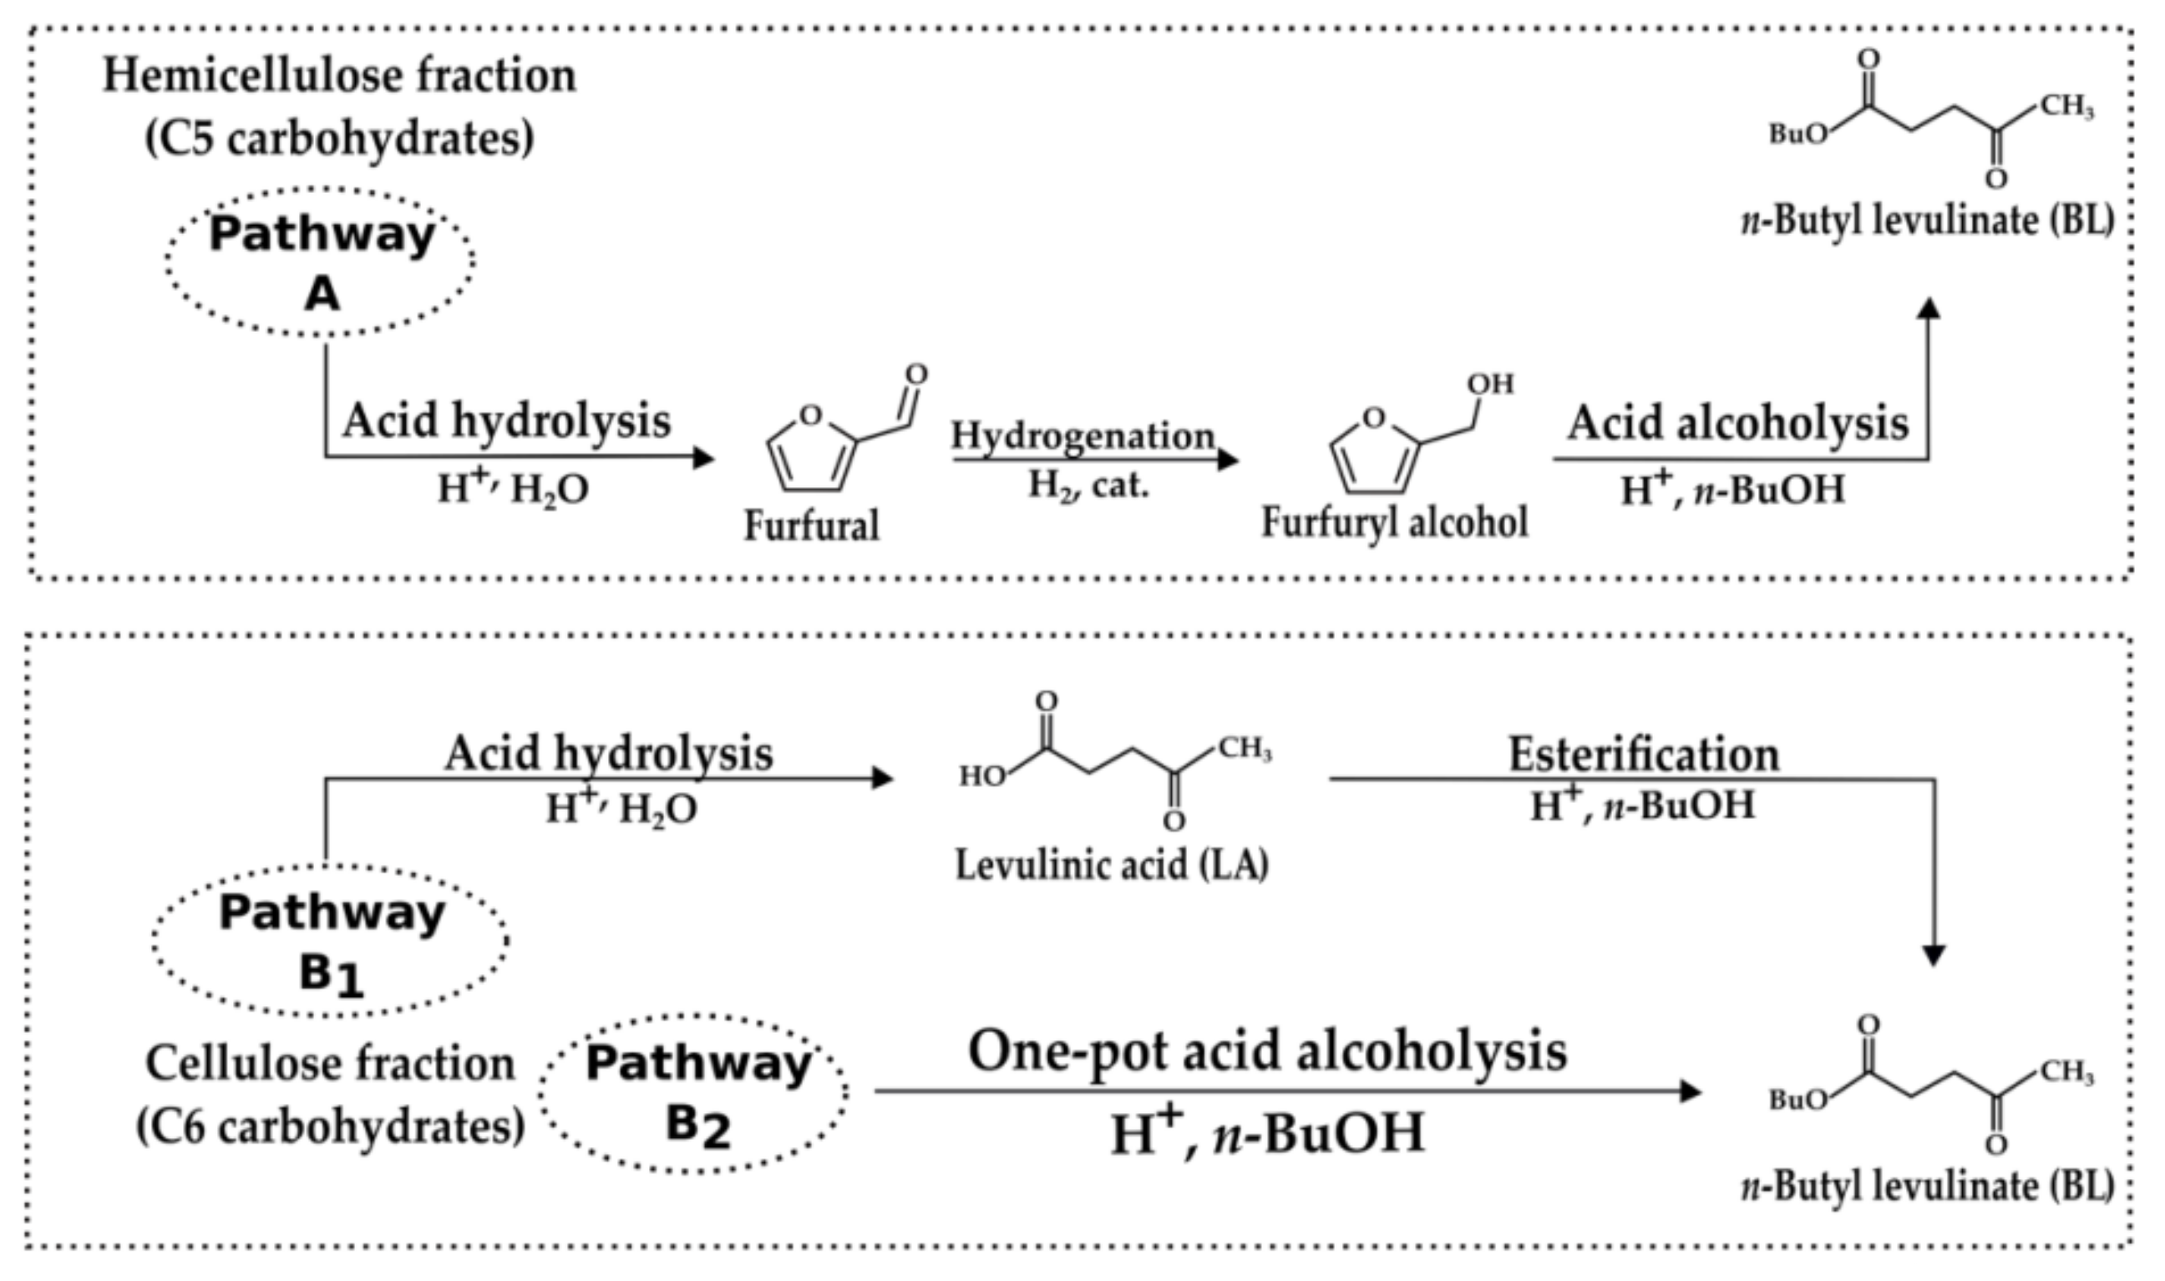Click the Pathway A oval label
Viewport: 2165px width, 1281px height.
click(320, 262)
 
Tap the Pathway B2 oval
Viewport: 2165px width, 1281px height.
click(696, 1093)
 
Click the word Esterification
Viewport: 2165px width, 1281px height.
click(1643, 755)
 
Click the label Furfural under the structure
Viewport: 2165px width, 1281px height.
click(811, 525)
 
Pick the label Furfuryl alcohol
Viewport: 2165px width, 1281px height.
click(1394, 522)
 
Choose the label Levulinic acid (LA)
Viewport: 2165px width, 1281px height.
click(1112, 865)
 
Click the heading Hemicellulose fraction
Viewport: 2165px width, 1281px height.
click(339, 76)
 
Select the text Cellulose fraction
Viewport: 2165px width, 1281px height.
click(331, 1064)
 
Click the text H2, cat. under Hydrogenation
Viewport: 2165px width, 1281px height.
click(1088, 486)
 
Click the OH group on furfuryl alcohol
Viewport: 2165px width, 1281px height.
click(1490, 384)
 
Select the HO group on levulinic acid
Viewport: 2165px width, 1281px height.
click(982, 777)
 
